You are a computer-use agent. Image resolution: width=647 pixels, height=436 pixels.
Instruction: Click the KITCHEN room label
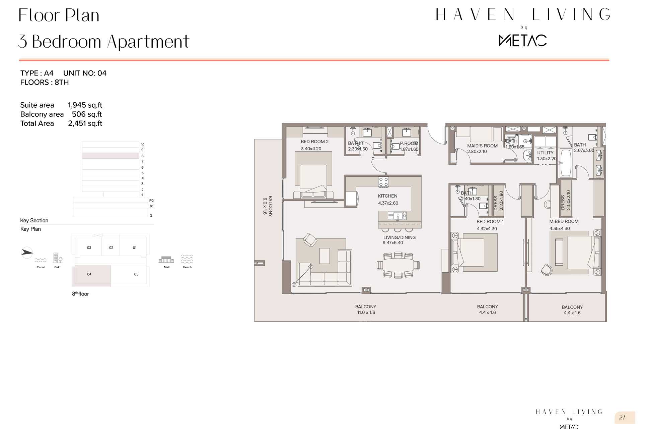click(x=387, y=196)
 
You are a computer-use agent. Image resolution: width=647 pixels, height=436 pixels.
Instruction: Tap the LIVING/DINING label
click(x=399, y=237)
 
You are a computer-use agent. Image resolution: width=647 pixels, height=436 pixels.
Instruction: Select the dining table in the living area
click(x=398, y=265)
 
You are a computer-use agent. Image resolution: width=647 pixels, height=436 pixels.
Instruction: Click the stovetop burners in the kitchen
click(x=383, y=182)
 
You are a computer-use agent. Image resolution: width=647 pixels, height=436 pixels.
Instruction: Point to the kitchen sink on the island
click(x=397, y=215)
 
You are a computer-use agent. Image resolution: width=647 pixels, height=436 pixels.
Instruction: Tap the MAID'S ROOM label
click(x=482, y=146)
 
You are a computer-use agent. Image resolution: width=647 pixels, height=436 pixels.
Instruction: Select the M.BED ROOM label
click(x=564, y=221)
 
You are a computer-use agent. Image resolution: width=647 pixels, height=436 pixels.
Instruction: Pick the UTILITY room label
click(x=545, y=153)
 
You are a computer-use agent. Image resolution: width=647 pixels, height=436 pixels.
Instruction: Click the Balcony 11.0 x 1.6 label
click(x=366, y=310)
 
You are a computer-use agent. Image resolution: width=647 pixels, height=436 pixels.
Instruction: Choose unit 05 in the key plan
click(x=130, y=275)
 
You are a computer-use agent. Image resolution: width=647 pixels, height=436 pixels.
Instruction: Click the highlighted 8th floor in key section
click(x=111, y=156)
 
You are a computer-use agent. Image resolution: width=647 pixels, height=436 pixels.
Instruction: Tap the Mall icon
click(x=166, y=260)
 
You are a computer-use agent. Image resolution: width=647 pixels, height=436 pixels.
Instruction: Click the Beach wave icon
click(x=187, y=259)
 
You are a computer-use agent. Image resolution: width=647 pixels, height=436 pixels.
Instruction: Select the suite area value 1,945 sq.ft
click(x=85, y=105)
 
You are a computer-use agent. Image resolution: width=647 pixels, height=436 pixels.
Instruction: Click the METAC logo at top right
click(x=523, y=40)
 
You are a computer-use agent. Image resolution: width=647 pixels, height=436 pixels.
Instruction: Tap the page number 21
click(x=622, y=418)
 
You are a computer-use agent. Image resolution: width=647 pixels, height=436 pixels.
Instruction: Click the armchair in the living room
click(x=310, y=240)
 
